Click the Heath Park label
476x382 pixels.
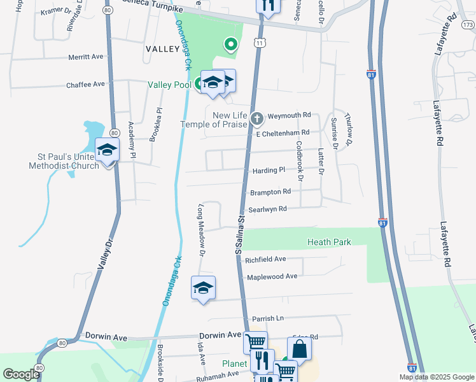tap(329, 242)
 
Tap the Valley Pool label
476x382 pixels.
tap(169, 85)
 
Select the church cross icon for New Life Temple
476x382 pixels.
tap(256, 118)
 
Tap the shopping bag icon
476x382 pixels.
tap(299, 349)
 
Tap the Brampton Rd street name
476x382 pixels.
tap(270, 191)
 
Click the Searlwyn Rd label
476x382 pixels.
tap(268, 209)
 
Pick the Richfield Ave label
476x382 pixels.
tap(265, 260)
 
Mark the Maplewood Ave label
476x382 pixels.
tap(272, 276)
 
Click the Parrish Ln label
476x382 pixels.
tap(267, 318)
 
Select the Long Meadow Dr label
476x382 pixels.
tap(202, 230)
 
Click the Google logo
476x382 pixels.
tap(21, 374)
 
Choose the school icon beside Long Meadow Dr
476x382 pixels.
tap(204, 288)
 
